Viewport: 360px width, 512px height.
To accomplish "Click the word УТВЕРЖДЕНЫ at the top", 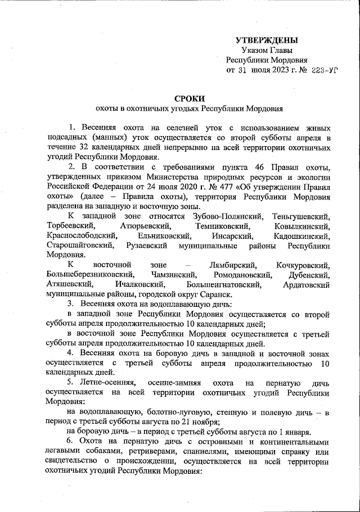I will coord(266,40).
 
